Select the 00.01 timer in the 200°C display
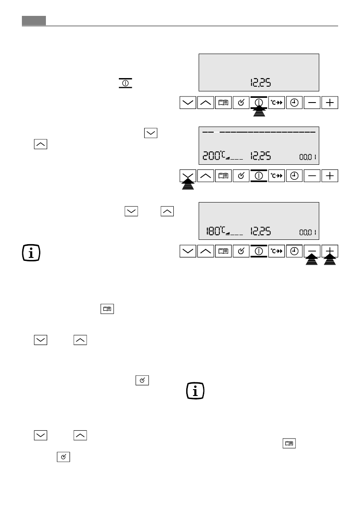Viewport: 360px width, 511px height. pyautogui.click(x=308, y=157)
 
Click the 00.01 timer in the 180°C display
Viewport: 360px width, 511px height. pyautogui.click(x=308, y=233)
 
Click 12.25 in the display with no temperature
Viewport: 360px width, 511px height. pyautogui.click(x=260, y=83)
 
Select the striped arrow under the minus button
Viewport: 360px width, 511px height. pyautogui.click(x=312, y=260)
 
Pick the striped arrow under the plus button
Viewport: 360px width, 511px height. pyautogui.click(x=330, y=260)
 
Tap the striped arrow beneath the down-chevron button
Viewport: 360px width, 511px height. pyautogui.click(x=188, y=185)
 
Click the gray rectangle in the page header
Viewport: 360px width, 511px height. pyautogui.click(x=34, y=21)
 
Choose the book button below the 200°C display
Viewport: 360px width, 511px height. pyautogui.click(x=223, y=176)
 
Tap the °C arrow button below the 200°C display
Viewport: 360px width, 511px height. pyautogui.click(x=277, y=176)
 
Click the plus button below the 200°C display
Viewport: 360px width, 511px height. pyautogui.click(x=330, y=176)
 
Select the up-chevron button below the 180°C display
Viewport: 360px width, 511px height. pyautogui.click(x=206, y=251)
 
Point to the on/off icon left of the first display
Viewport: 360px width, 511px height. pyautogui.click(x=124, y=83)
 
